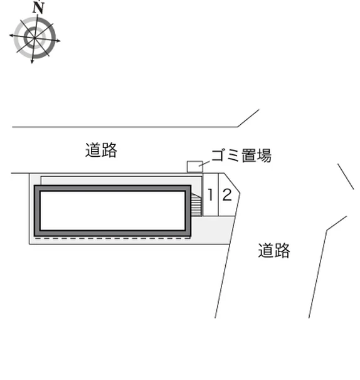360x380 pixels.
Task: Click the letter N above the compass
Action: [x=38, y=8]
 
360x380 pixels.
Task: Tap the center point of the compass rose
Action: [x=34, y=38]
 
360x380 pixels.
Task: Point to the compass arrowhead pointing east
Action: [x=58, y=41]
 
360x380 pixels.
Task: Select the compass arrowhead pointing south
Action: [x=32, y=61]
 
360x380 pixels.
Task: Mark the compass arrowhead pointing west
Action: [x=11, y=35]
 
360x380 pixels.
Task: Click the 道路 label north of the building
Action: [x=101, y=150]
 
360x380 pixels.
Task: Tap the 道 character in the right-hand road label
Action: [x=266, y=251]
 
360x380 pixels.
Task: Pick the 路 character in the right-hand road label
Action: [x=282, y=251]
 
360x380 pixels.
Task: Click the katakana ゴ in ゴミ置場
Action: [x=219, y=156]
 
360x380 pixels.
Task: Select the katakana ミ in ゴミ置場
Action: [x=233, y=156]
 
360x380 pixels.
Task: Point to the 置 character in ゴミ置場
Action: [x=249, y=156]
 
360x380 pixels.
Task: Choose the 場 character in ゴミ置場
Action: [x=264, y=156]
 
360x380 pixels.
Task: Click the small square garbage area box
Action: [x=194, y=167]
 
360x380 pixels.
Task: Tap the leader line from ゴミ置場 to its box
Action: [x=204, y=163]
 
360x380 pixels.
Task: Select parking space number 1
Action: [x=210, y=194]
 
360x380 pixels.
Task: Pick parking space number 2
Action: [x=227, y=195]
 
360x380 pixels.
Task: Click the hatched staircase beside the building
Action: [x=196, y=204]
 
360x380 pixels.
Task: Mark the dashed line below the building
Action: [x=112, y=238]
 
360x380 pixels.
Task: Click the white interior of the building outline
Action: [x=112, y=211]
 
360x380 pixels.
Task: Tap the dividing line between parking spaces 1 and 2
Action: [x=218, y=194]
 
